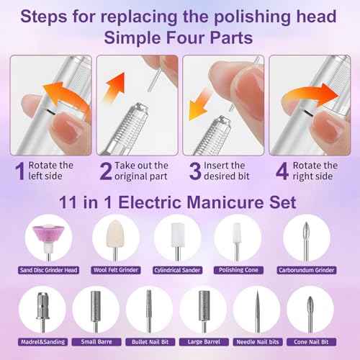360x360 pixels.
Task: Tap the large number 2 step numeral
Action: [x=105, y=171]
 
